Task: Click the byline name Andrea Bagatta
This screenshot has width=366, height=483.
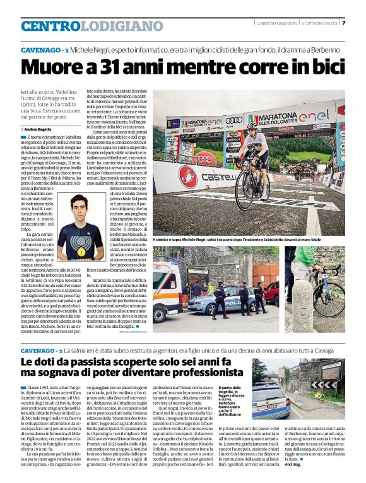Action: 38,129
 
